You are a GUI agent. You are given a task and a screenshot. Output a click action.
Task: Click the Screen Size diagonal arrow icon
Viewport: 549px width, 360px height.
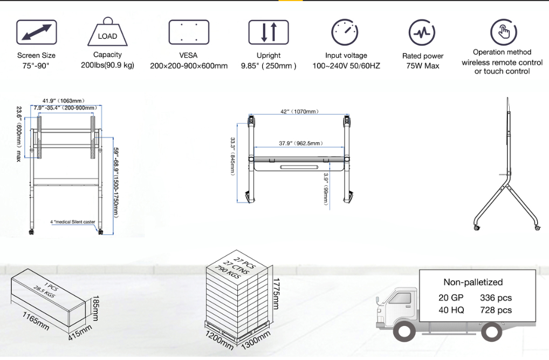[x=37, y=32]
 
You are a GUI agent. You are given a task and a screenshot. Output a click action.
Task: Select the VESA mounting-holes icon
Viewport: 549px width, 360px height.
[x=189, y=32]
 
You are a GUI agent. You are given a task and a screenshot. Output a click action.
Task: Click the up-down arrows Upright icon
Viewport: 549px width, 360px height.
[x=269, y=32]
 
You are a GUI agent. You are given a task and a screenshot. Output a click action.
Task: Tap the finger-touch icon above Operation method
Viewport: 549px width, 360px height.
[x=504, y=32]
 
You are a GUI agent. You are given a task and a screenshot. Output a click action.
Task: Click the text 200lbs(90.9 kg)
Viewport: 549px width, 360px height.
[x=107, y=65]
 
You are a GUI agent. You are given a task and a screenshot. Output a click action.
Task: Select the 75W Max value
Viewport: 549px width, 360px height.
[x=423, y=66]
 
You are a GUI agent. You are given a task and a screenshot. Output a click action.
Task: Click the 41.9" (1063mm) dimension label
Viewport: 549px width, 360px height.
[x=64, y=101]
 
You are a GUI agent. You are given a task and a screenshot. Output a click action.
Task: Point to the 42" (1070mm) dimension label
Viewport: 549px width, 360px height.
[x=300, y=112]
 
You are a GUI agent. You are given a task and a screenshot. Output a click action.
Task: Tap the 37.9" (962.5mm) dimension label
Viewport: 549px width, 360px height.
[x=301, y=144]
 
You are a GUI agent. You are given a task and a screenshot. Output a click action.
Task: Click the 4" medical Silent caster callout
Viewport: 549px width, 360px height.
[x=73, y=222]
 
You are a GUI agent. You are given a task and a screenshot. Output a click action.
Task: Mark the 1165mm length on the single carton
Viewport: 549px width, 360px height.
[x=36, y=321]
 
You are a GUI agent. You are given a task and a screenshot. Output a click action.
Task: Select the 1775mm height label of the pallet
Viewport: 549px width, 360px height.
[x=276, y=294]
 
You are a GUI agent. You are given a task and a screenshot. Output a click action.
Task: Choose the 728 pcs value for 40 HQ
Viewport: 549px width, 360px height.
[x=496, y=310]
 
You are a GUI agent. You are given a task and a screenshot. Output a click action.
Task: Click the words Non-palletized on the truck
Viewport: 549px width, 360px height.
[x=473, y=282]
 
